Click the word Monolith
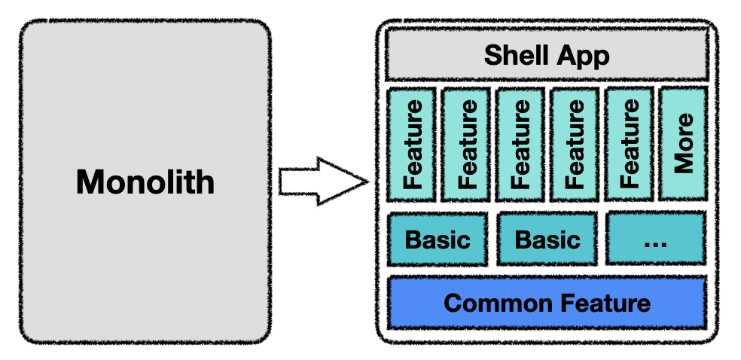[x=145, y=182]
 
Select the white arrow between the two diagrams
[x=324, y=182]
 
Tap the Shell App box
[x=547, y=54]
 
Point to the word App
[x=582, y=56]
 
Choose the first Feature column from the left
[x=411, y=144]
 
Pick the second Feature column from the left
[x=466, y=144]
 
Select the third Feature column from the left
[x=520, y=144]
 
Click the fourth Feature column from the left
[x=575, y=144]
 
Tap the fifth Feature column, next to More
[x=630, y=144]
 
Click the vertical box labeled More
[x=683, y=144]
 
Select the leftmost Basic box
[x=437, y=239]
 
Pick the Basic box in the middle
[x=547, y=239]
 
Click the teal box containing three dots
[x=656, y=238]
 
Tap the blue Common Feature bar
[x=547, y=302]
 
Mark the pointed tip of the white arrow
[x=369, y=182]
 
